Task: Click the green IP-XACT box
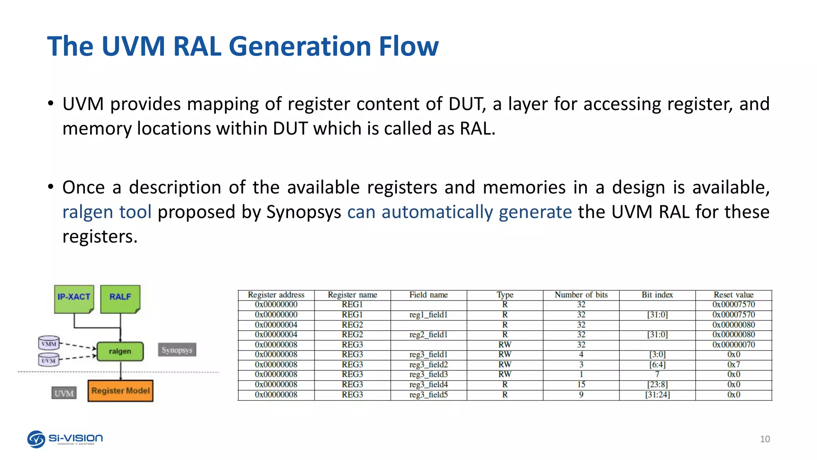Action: pyautogui.click(x=74, y=299)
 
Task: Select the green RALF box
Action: pyautogui.click(x=120, y=299)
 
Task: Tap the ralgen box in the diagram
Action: pyautogui.click(x=120, y=351)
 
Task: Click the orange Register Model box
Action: pyautogui.click(x=120, y=391)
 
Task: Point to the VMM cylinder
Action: pyautogui.click(x=49, y=343)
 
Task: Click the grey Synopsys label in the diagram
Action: pyautogui.click(x=177, y=350)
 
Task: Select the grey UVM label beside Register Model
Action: pyautogui.click(x=64, y=393)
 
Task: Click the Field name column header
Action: pyautogui.click(x=428, y=295)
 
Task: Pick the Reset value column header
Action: pyautogui.click(x=734, y=295)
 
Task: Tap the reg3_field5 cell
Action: pyautogui.click(x=428, y=395)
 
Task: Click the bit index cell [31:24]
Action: pyautogui.click(x=657, y=395)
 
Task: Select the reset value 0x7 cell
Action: pyautogui.click(x=734, y=365)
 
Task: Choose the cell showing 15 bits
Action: pyautogui.click(x=581, y=385)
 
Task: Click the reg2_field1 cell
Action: pyautogui.click(x=428, y=335)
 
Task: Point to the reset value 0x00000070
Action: pyautogui.click(x=734, y=345)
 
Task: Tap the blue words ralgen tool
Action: pyautogui.click(x=107, y=212)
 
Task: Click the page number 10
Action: pyautogui.click(x=765, y=439)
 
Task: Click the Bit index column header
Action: pyautogui.click(x=657, y=295)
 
